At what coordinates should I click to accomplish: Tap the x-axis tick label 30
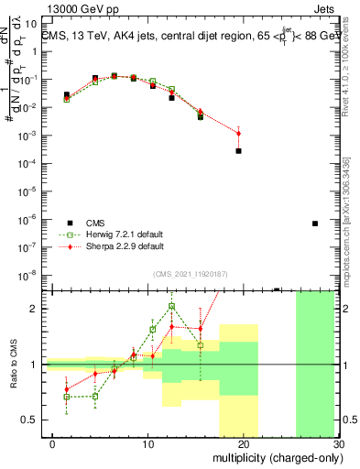tap(337, 445)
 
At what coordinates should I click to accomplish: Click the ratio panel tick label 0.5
tap(29, 420)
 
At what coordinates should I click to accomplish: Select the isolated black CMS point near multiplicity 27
tap(314, 224)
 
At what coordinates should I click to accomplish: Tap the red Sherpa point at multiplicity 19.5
tap(238, 134)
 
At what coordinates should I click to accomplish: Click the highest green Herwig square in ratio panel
tap(171, 307)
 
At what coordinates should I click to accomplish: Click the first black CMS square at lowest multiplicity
tap(66, 94)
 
